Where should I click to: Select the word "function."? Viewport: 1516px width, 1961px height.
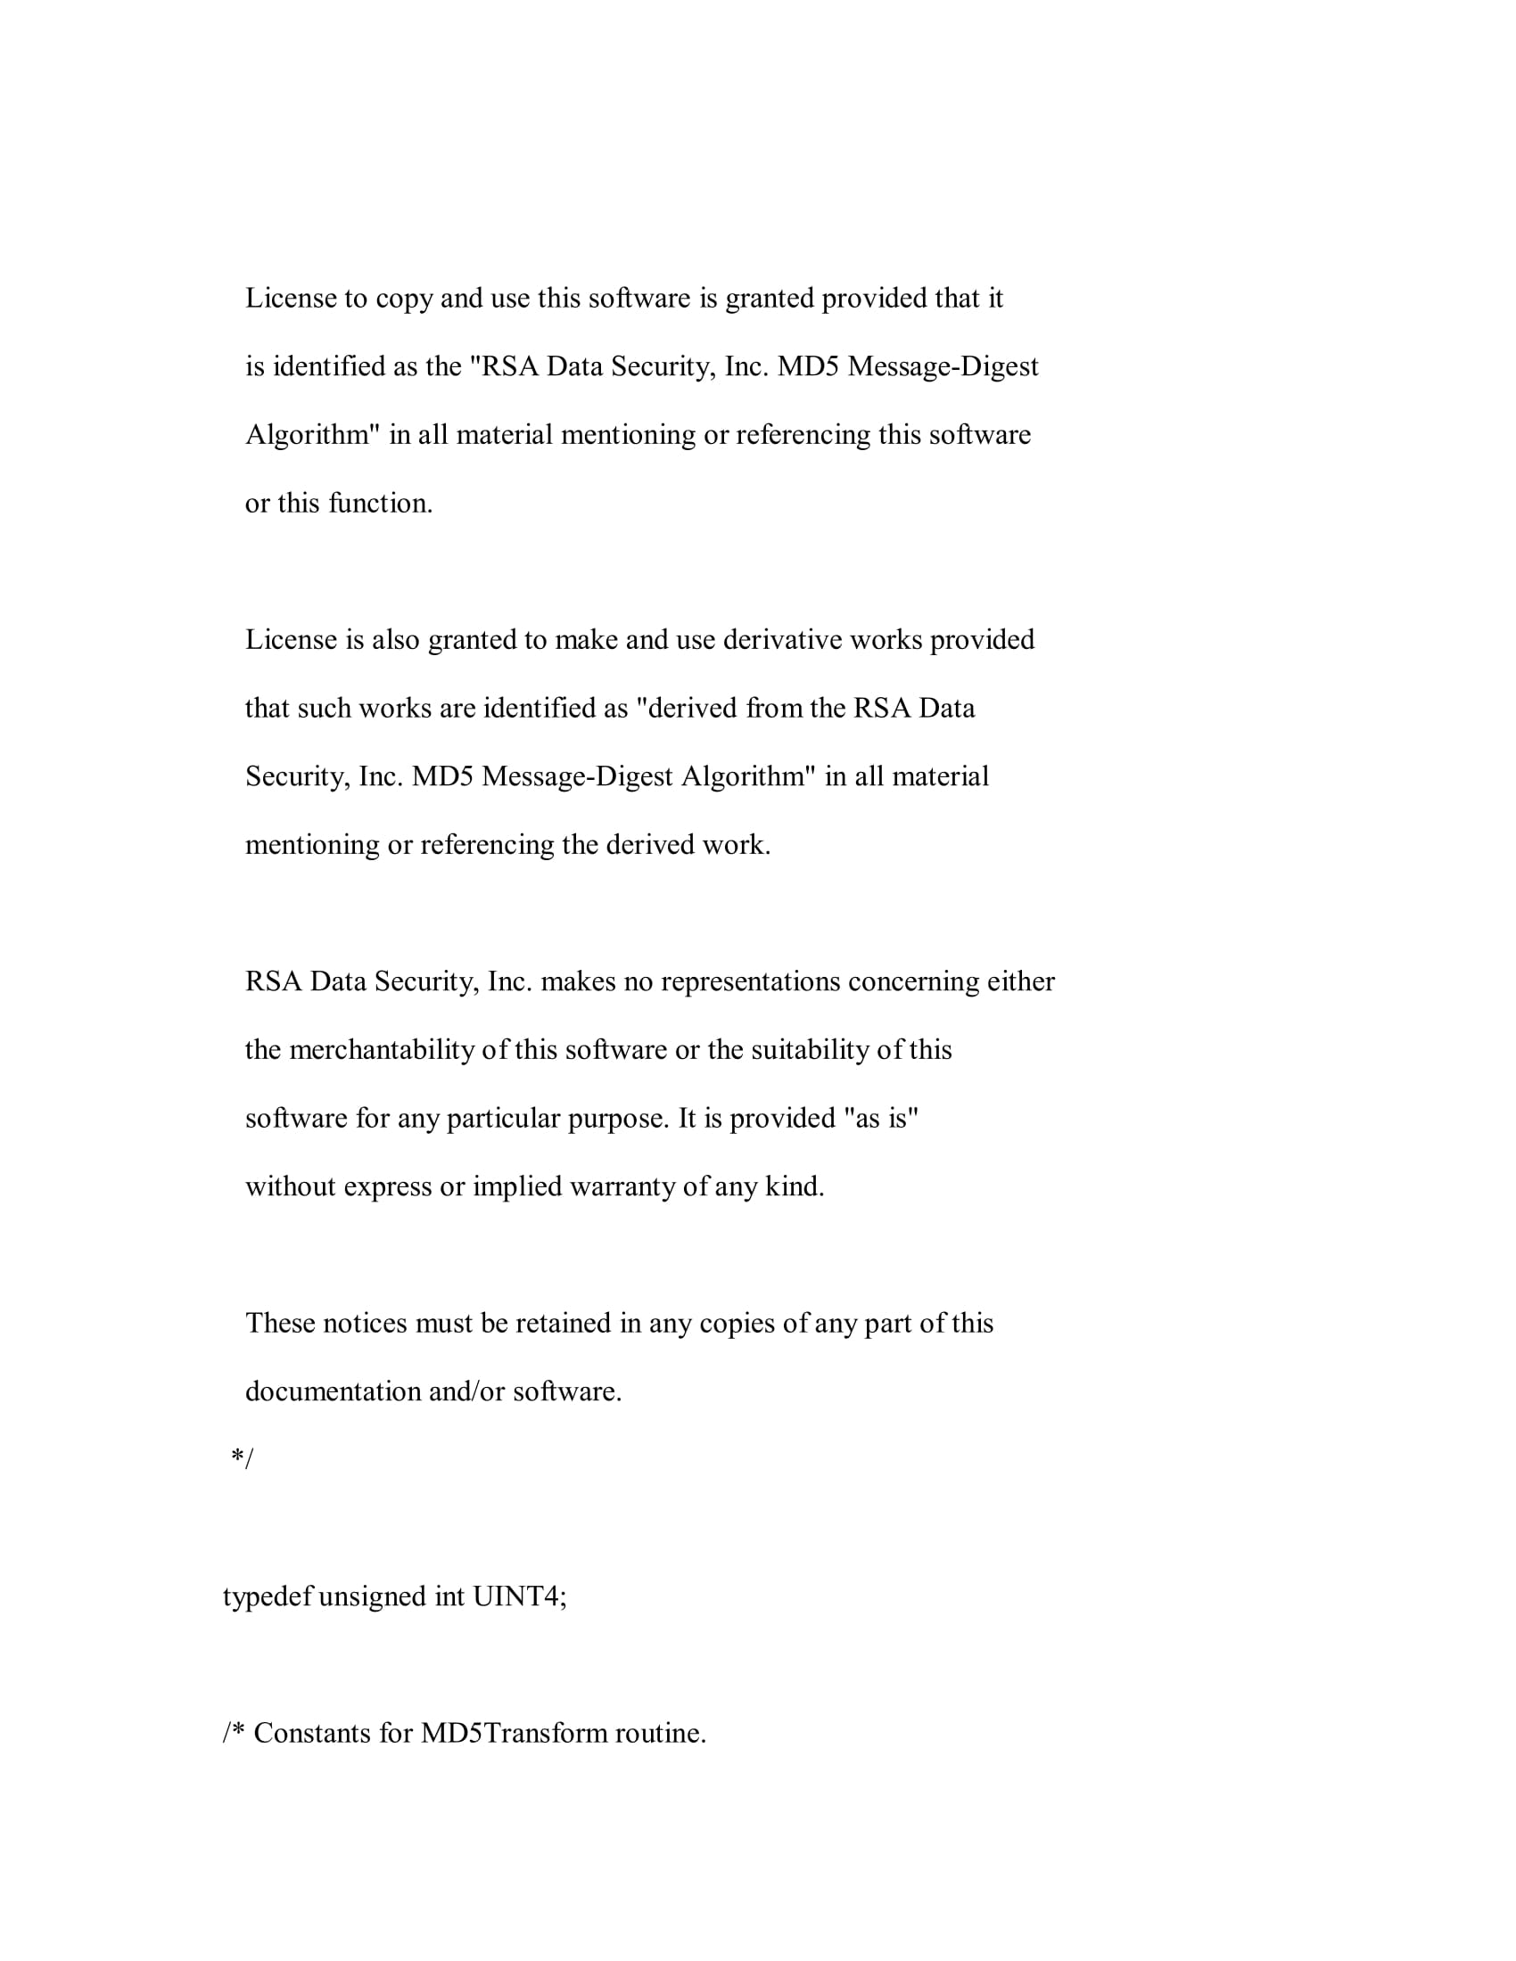click(381, 504)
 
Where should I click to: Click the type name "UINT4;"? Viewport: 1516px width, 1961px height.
click(520, 1596)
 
